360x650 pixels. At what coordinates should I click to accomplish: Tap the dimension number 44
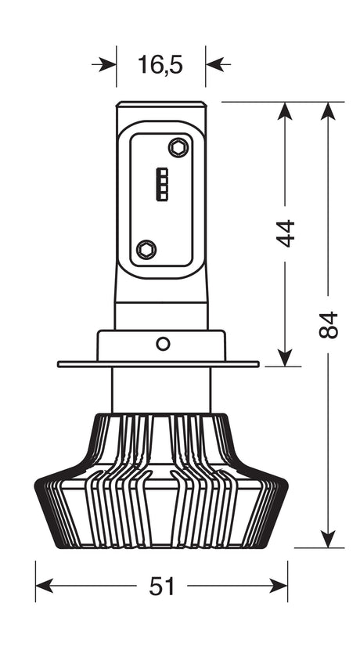(286, 233)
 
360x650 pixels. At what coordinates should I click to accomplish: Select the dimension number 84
(329, 325)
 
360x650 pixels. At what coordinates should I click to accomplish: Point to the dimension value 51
(161, 586)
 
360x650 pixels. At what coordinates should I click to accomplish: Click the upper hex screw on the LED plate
(178, 146)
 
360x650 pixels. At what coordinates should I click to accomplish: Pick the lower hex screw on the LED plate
(146, 249)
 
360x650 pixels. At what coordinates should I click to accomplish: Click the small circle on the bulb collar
(162, 343)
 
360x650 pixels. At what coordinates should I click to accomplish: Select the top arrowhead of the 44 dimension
(286, 110)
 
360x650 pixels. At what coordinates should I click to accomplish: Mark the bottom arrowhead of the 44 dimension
(286, 356)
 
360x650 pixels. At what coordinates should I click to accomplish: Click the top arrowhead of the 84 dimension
(329, 110)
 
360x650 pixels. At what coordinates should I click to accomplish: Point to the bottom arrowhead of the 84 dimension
(329, 539)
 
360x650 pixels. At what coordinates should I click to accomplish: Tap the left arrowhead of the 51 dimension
(45, 586)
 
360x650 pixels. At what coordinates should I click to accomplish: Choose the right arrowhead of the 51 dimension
(279, 586)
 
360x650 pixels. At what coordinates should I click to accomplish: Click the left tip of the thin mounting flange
(59, 364)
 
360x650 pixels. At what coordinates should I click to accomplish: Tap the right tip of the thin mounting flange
(258, 364)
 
